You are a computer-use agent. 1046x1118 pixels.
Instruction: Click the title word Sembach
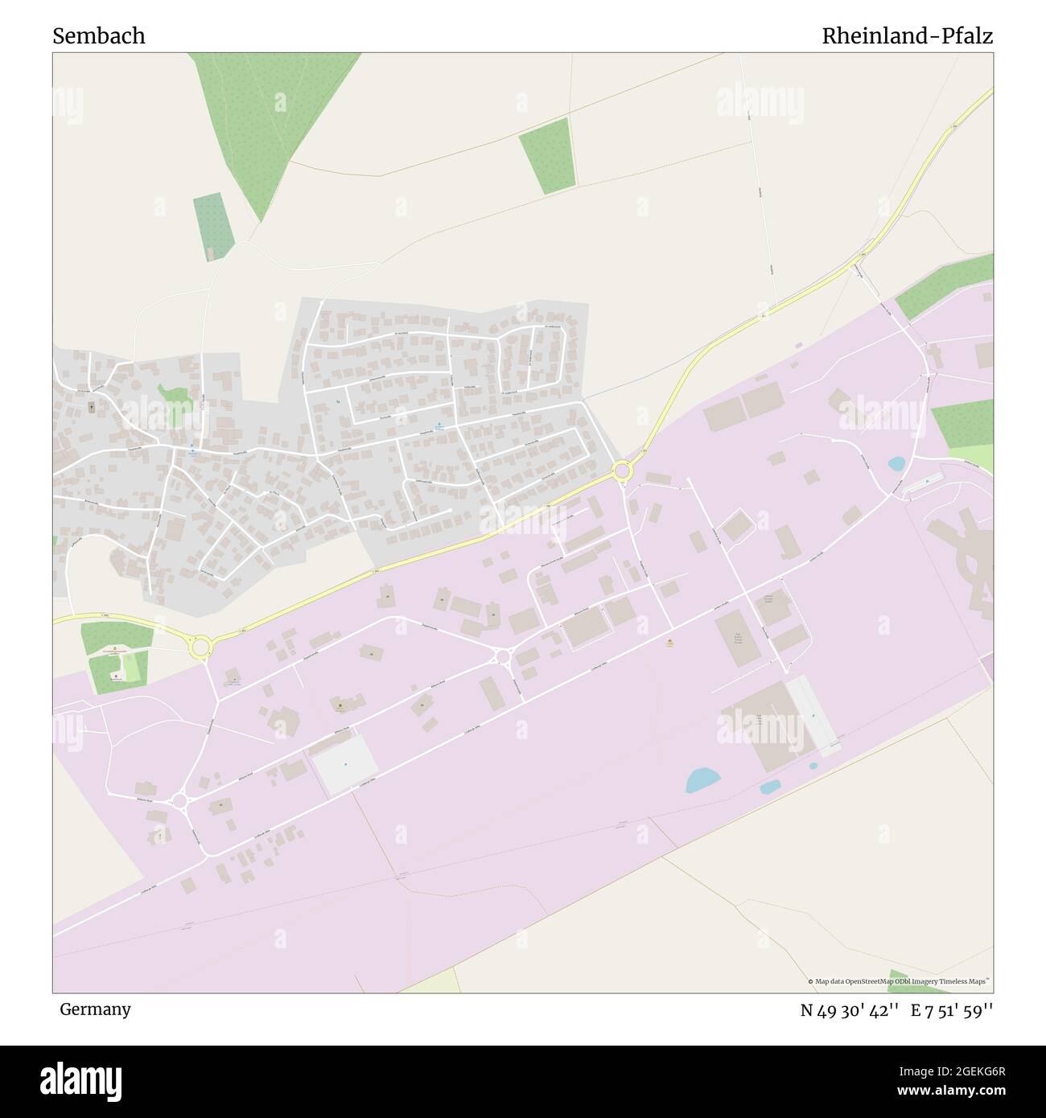(x=99, y=36)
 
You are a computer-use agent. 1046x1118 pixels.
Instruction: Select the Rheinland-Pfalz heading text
(x=907, y=36)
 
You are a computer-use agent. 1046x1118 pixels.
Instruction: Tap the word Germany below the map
(x=95, y=1009)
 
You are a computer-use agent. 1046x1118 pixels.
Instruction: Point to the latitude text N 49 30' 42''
(x=849, y=1010)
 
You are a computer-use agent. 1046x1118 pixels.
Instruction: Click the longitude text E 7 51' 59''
(x=952, y=1010)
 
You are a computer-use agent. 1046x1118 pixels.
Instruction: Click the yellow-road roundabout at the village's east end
(x=621, y=470)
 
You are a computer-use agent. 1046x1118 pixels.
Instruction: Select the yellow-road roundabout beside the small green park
(x=200, y=644)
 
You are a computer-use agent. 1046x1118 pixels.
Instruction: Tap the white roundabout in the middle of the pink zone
(x=504, y=657)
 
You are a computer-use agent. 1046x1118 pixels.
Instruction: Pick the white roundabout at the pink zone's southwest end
(x=179, y=800)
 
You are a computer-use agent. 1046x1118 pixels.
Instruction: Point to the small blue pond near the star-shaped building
(x=896, y=464)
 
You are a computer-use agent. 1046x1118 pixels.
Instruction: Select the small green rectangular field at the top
(x=547, y=155)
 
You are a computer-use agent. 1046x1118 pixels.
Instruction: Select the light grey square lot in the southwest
(x=345, y=763)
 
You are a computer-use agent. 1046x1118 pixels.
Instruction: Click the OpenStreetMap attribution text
(x=900, y=981)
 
